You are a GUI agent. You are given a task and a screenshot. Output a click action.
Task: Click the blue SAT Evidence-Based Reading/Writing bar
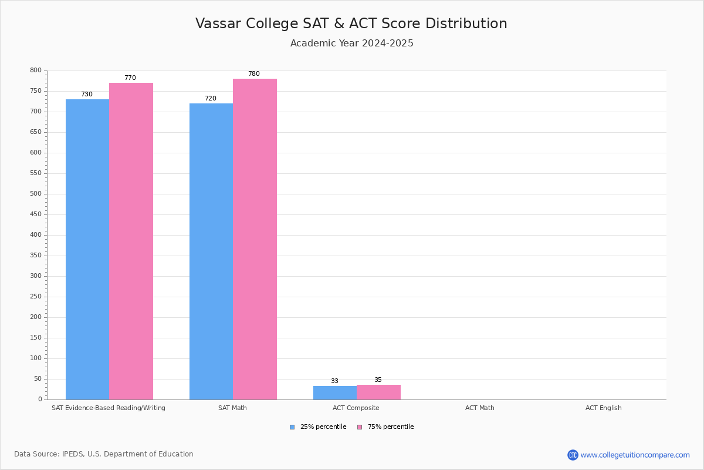click(x=87, y=249)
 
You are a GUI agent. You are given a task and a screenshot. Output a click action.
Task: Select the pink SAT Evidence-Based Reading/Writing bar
click(x=131, y=241)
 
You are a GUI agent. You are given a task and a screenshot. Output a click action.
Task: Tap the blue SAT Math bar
click(x=211, y=251)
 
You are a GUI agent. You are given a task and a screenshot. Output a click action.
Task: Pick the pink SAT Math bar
click(x=255, y=239)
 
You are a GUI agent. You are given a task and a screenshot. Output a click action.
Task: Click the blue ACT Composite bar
click(x=335, y=392)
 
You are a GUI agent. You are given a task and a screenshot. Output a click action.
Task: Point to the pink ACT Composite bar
click(x=378, y=392)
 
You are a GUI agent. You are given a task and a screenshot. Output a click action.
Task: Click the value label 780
click(x=253, y=74)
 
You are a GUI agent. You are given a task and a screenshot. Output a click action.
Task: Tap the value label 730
click(x=87, y=95)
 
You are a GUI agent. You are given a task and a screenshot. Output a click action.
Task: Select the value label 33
click(x=334, y=381)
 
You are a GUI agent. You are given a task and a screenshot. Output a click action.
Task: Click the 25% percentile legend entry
click(x=318, y=427)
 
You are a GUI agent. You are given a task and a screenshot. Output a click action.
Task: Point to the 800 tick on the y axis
click(x=36, y=70)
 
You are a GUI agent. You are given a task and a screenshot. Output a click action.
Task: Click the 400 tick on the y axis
click(x=36, y=235)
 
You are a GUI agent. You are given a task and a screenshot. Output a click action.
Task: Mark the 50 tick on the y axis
click(x=38, y=379)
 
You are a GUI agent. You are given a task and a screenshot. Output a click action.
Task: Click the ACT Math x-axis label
click(x=479, y=408)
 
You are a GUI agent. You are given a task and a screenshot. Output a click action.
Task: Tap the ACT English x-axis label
click(x=603, y=408)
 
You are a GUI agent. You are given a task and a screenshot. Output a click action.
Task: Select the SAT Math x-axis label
click(x=232, y=408)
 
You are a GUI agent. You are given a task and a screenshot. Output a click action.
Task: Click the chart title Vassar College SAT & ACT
click(x=351, y=23)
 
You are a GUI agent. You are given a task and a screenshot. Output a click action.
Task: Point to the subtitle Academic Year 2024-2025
click(x=351, y=43)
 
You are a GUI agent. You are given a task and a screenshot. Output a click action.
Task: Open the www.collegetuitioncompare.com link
click(x=635, y=455)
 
